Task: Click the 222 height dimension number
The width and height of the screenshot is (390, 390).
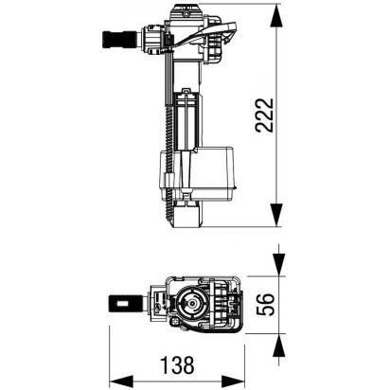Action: tap(264, 115)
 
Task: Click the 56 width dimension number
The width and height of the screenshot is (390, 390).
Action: tap(265, 305)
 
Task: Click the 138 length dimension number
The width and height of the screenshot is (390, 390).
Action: tap(177, 365)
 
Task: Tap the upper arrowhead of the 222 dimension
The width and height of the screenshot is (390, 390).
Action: tap(276, 16)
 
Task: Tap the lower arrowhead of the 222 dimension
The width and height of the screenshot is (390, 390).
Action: tap(276, 215)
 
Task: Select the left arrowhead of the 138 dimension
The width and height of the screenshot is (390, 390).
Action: tap(121, 381)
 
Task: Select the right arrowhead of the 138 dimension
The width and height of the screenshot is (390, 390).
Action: tap(233, 381)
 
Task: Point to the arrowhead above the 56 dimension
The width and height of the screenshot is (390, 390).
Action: tap(279, 264)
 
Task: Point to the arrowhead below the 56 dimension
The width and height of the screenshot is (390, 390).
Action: tap(279, 346)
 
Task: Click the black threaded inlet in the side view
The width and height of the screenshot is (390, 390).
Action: tap(119, 39)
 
